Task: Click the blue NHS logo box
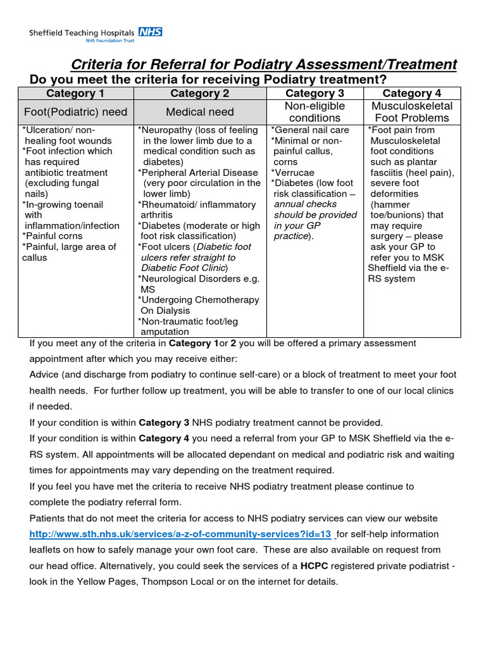(151, 32)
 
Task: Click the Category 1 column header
(75, 94)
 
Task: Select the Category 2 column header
(199, 94)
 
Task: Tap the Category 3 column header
(315, 94)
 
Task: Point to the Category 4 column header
(411, 94)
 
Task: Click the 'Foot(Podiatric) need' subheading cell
(75, 112)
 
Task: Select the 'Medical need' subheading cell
(199, 112)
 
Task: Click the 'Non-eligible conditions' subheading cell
(315, 112)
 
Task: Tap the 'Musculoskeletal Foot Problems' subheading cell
(411, 112)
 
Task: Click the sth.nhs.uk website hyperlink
(180, 534)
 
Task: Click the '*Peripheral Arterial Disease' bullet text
(199, 173)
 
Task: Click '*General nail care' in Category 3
(310, 130)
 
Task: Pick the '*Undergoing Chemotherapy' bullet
(199, 300)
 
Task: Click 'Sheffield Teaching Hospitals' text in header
(82, 32)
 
